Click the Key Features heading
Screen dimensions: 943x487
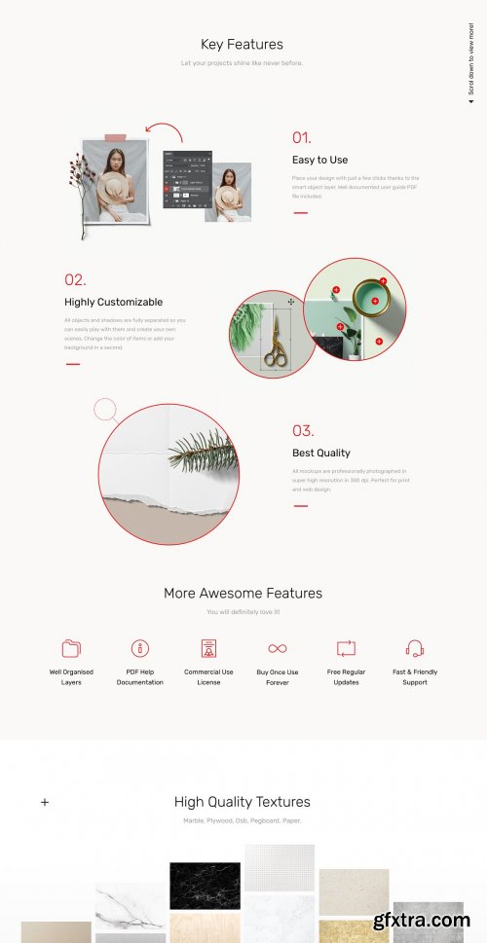(x=242, y=44)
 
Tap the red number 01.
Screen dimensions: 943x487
(x=302, y=137)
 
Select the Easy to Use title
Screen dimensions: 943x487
(x=319, y=160)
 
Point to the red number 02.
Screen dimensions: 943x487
(x=75, y=279)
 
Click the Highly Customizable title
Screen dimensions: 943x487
(x=113, y=302)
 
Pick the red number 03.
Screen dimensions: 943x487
(x=303, y=430)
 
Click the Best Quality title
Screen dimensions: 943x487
(x=320, y=453)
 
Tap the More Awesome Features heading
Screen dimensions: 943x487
(x=243, y=593)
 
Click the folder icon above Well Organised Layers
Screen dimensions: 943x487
(x=71, y=648)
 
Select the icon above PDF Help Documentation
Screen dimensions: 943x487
(x=140, y=648)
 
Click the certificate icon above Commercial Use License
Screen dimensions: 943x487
(x=208, y=649)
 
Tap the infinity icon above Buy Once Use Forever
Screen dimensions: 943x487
(x=278, y=648)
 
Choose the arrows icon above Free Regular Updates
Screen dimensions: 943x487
(x=346, y=648)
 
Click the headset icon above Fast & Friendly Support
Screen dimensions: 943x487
(x=415, y=648)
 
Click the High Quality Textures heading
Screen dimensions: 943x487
(x=243, y=802)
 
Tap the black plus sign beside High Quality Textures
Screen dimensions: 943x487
(x=45, y=803)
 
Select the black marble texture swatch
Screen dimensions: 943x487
(x=205, y=886)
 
